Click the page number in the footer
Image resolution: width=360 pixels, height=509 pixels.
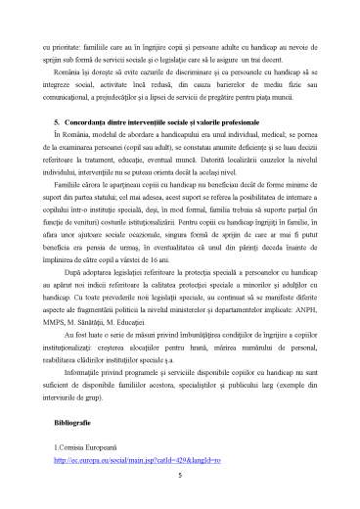(x=180, y=476)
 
